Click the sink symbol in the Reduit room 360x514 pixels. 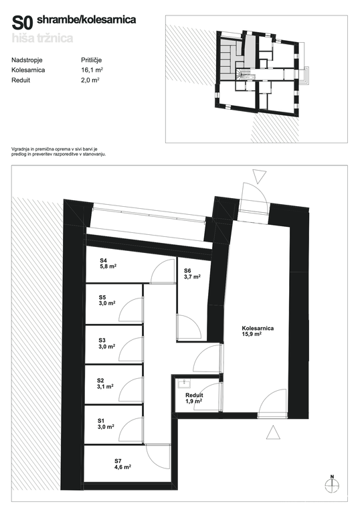pyautogui.click(x=183, y=383)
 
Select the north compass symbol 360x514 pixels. pyautogui.click(x=332, y=485)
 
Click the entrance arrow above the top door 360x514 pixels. pyautogui.click(x=260, y=177)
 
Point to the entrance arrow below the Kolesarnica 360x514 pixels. pyautogui.click(x=273, y=432)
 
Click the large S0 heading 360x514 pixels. pyautogui.click(x=22, y=23)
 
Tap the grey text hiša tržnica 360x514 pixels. pyautogui.click(x=42, y=38)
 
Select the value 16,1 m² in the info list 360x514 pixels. pyautogui.click(x=92, y=70)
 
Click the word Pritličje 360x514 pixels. pyautogui.click(x=92, y=60)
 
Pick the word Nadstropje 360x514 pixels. pyautogui.click(x=27, y=60)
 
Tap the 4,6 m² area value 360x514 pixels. pyautogui.click(x=123, y=466)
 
